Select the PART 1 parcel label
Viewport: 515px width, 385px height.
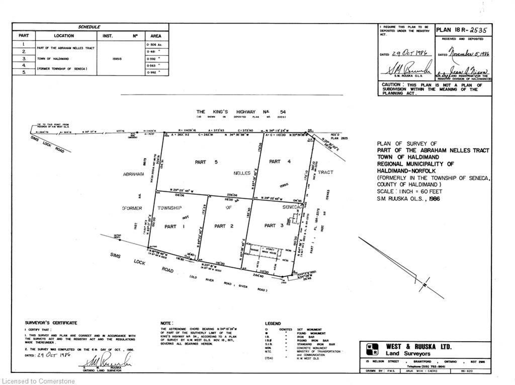pos(170,226)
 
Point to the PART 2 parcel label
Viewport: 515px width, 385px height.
pos(224,226)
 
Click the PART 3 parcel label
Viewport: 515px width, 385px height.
pos(274,225)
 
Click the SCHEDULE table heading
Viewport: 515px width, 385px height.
pos(89,27)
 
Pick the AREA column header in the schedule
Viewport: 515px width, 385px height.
pos(156,36)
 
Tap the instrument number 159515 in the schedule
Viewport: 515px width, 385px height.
pos(115,58)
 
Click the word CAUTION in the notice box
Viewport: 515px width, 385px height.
pos(391,85)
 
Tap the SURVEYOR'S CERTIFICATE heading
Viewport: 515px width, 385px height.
pos(51,323)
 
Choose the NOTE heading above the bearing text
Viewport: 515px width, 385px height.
pos(166,323)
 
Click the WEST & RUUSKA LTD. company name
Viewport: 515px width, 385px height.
pos(418,347)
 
